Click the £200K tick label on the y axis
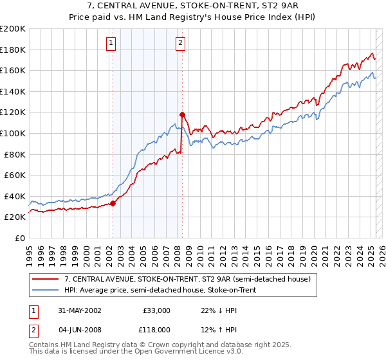[13, 29]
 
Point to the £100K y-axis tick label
[13, 133]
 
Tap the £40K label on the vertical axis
[15, 196]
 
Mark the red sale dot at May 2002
[113, 203]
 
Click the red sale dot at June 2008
[182, 114]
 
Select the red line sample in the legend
[46, 279]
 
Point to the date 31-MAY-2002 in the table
[79, 310]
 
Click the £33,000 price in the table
[157, 310]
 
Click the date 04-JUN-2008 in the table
[79, 331]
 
